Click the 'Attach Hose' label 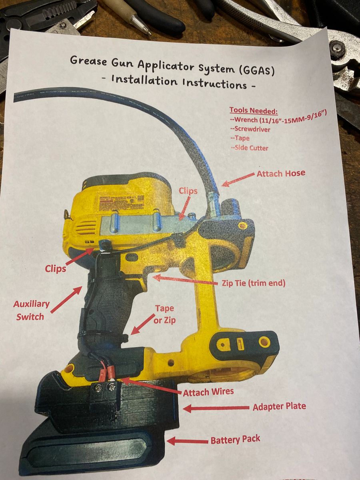pos(281,174)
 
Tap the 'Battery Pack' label pos(235,440)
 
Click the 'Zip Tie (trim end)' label pos(254,283)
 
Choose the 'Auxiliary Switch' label pos(31,310)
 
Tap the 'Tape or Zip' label pos(164,314)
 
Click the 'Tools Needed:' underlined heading pos(253,111)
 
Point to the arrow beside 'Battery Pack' pos(187,441)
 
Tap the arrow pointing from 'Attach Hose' pos(238,179)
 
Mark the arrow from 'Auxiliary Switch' pos(66,300)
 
